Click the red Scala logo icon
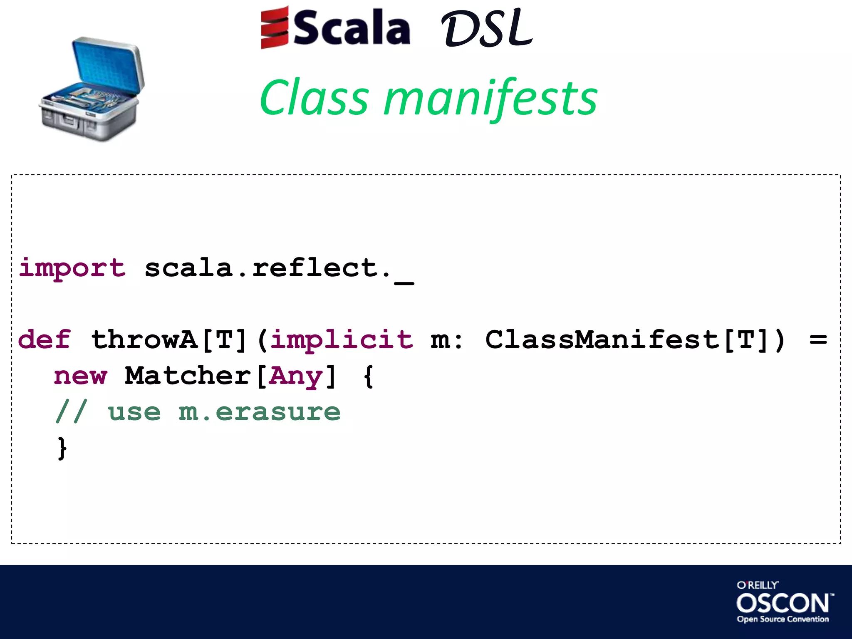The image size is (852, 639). (x=274, y=27)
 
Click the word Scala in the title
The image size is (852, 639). (x=352, y=28)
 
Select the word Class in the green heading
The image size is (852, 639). (x=314, y=98)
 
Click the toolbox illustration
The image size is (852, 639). (x=92, y=89)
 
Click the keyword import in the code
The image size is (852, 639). (x=72, y=268)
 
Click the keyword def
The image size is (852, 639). (x=44, y=339)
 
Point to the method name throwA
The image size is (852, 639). (x=144, y=339)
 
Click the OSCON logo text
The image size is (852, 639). (x=783, y=603)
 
